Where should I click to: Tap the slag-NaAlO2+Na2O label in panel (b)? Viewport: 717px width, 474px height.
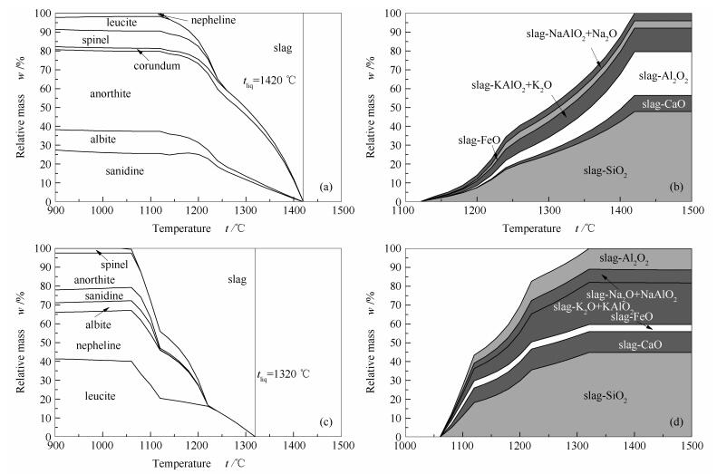(x=572, y=33)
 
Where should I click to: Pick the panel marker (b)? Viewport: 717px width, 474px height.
(x=676, y=188)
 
